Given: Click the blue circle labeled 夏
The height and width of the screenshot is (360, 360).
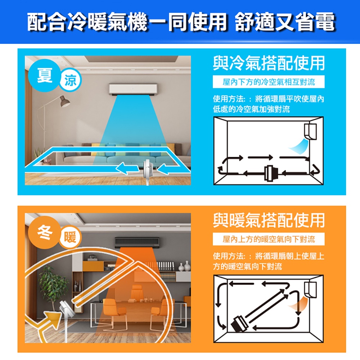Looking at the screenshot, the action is pos(45,75).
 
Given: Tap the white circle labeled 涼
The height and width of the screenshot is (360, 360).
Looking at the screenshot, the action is pos(70,80).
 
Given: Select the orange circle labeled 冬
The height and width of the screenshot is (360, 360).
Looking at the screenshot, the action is pos(45,232).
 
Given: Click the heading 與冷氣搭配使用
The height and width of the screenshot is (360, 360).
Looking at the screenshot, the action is pos(269,63).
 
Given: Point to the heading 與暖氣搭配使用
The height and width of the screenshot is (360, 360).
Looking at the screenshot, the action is pos(269,220).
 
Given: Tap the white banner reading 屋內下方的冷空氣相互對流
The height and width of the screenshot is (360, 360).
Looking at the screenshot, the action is pos(269,82).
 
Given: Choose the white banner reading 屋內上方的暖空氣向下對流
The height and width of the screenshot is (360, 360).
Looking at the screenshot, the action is pos(269,239).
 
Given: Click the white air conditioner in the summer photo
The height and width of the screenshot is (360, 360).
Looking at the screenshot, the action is pos(133,89).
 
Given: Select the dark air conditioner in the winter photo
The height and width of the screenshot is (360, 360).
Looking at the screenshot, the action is pos(137,243).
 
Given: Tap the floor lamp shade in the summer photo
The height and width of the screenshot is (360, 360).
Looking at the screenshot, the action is pos(65,102).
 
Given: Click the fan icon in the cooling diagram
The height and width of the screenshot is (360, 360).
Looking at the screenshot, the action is pos(271,173).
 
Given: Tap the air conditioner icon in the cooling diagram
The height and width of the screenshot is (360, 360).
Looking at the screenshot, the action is pos(310,131).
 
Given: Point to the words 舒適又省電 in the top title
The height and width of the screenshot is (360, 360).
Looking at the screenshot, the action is pos(285,22).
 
